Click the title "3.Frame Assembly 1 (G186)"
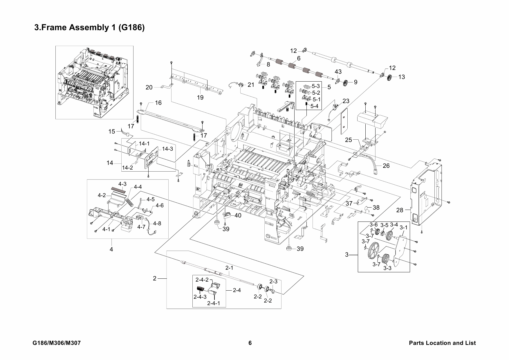[x=89, y=28]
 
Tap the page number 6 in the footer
[x=250, y=343]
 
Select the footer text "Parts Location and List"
[x=442, y=343]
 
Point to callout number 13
[x=402, y=77]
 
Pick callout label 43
[x=338, y=71]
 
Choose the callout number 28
[x=400, y=210]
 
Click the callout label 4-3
[x=122, y=184]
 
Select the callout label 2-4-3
[x=200, y=297]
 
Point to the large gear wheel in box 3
[x=373, y=251]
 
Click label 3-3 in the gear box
[x=387, y=268]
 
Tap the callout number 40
[x=238, y=215]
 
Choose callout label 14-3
[x=167, y=149]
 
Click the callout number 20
[x=149, y=87]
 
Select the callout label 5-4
[x=314, y=106]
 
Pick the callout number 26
[x=386, y=166]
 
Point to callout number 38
[x=376, y=208]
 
